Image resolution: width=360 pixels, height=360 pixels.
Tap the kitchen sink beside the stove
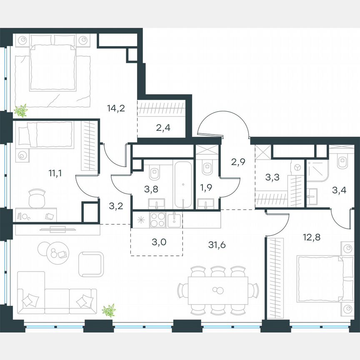(x=175, y=219)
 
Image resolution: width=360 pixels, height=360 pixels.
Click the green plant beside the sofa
(x=109, y=310)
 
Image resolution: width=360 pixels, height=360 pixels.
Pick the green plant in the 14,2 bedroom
(x=20, y=110)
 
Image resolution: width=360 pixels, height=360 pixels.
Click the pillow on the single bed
(x=27, y=135)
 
